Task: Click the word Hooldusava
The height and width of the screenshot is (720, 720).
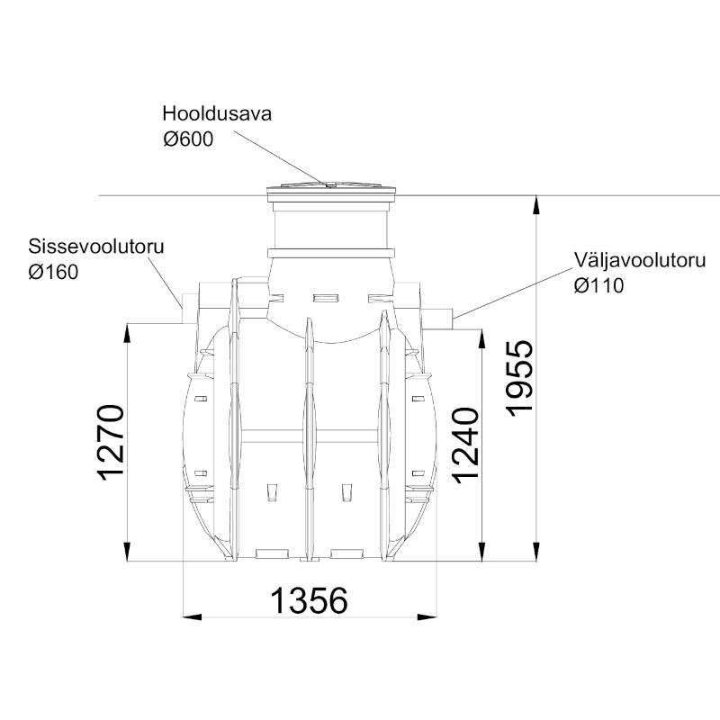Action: [217, 113]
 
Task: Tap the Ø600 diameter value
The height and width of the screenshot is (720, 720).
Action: [188, 139]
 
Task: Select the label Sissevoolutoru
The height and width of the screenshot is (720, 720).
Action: [96, 247]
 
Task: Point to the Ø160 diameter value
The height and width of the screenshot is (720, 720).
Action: [53, 272]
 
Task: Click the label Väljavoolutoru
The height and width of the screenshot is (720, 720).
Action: [640, 260]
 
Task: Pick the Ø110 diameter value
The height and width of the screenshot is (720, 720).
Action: [598, 285]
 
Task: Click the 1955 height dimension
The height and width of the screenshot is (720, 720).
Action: [520, 379]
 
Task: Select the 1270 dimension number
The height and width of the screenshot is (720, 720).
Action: [111, 443]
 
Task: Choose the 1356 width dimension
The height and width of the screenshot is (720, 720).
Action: [309, 600]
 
